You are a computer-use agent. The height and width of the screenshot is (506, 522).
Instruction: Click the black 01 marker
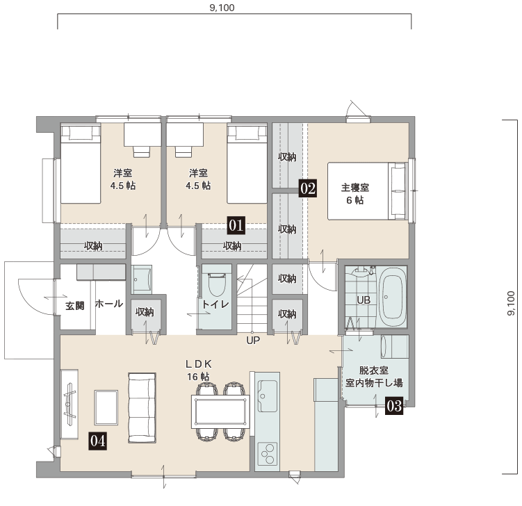(236, 225)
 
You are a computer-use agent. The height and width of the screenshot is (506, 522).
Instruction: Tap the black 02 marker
(308, 189)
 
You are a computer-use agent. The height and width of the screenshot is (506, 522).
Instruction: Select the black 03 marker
(394, 406)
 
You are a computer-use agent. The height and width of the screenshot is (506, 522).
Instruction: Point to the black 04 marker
(97, 441)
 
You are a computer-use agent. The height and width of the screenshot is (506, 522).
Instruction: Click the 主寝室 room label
(355, 188)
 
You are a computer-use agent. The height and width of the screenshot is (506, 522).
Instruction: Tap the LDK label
(198, 364)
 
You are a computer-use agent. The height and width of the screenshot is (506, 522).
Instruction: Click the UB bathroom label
(364, 300)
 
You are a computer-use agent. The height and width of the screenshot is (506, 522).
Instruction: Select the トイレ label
(215, 304)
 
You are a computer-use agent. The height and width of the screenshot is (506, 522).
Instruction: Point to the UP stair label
(253, 341)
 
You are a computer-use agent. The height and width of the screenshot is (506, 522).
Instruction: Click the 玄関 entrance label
(74, 306)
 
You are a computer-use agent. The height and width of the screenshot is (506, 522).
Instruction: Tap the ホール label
(109, 304)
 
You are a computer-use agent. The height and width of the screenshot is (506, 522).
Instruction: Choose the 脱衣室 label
(374, 370)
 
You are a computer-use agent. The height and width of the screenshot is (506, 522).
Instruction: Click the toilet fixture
(217, 284)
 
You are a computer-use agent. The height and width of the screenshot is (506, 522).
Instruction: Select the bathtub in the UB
(393, 297)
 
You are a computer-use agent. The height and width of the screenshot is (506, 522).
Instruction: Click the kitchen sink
(268, 395)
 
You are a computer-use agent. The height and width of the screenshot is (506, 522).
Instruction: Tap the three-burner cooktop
(268, 453)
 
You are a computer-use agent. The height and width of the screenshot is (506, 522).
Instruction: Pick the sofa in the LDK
(142, 408)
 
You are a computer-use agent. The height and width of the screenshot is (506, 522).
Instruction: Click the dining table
(220, 411)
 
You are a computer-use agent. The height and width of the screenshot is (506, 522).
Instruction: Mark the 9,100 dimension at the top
(222, 8)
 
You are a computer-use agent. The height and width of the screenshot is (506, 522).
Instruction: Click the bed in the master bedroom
(368, 191)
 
